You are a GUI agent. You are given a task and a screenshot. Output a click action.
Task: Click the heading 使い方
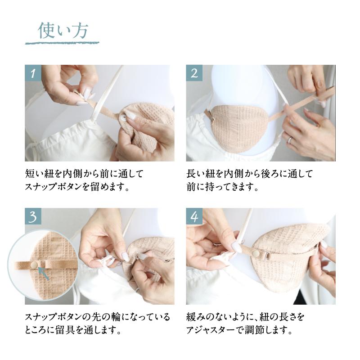tap(63, 30)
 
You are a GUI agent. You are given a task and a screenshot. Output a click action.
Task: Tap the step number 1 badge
tap(33, 73)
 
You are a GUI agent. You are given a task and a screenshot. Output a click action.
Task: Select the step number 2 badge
tap(194, 73)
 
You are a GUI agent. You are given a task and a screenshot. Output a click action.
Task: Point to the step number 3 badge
tap(33, 216)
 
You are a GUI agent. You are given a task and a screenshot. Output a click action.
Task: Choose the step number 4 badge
tap(194, 216)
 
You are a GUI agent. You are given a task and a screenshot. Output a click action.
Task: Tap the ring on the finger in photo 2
tap(290, 139)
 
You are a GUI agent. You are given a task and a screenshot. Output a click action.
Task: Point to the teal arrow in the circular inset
tap(43, 273)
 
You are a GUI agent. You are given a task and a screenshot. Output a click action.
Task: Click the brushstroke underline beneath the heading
tap(62, 43)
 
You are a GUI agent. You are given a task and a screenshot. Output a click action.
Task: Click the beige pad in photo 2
tap(237, 127)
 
